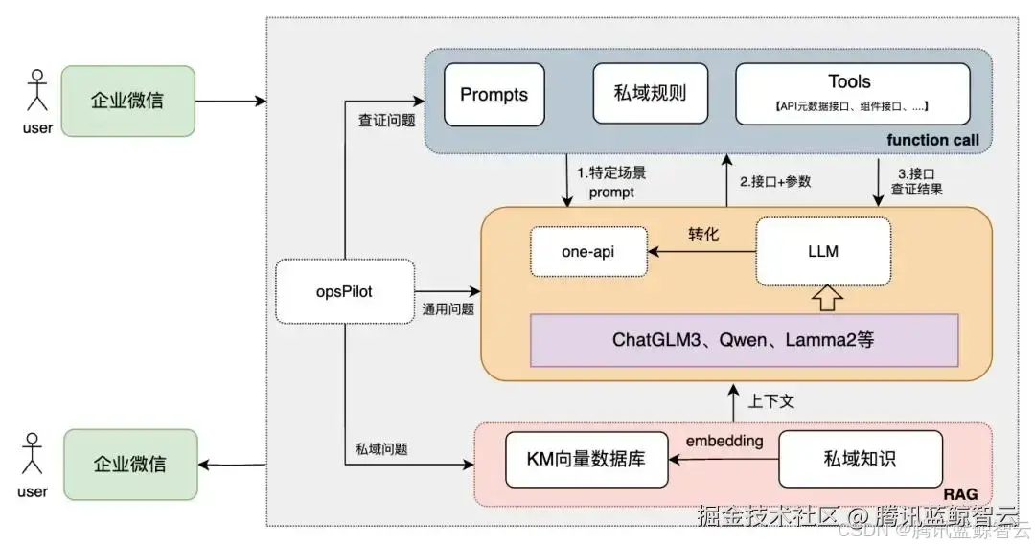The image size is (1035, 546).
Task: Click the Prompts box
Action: pos(494,95)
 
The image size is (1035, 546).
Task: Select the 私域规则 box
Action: pos(650,95)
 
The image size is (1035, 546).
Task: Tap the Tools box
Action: pos(850,94)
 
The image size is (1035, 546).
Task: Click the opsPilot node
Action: pos(345,291)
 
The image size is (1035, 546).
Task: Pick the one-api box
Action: pos(587,251)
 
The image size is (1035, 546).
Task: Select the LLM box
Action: pos(822,251)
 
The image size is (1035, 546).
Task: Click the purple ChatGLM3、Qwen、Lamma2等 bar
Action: pos(744,339)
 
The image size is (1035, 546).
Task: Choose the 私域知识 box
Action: pos(860,459)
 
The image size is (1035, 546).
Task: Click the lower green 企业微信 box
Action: pos(129,464)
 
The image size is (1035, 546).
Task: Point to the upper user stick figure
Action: pos(37,94)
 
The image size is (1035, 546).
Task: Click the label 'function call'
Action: pos(932,141)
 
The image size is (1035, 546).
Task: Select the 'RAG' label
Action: pos(961,492)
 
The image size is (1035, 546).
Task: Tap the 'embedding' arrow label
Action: pos(724,441)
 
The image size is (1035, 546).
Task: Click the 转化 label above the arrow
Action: pos(703,234)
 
